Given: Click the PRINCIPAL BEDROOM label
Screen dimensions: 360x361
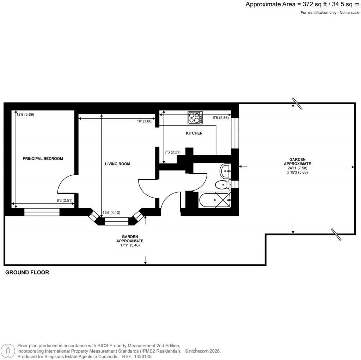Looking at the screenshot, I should click(43, 159).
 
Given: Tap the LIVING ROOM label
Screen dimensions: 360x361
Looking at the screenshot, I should click(117, 164).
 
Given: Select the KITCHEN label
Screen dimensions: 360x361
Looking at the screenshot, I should click(194, 133).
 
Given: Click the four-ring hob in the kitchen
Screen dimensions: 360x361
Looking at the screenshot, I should click(195, 118).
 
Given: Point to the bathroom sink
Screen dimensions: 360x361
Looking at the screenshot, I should click(225, 171).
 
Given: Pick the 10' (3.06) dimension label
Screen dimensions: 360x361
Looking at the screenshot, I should click(145, 121).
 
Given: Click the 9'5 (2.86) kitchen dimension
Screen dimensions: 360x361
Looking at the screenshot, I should click(221, 118).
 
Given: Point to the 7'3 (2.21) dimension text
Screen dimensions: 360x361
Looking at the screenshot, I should click(173, 152).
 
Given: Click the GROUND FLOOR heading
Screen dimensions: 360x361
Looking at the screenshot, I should click(27, 272).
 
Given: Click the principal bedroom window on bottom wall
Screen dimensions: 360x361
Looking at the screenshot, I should click(42, 212).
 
